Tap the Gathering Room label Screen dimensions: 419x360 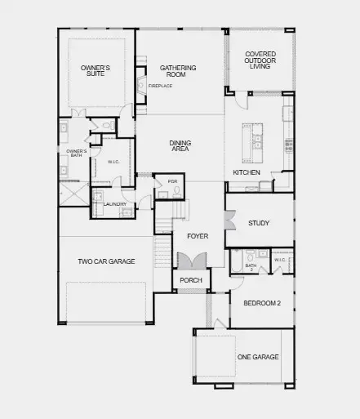[x=173, y=70]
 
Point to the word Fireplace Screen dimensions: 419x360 [x=159, y=85]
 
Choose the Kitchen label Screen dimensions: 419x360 [x=247, y=173]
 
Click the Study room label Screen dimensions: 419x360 [x=259, y=222]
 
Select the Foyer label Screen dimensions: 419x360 [x=198, y=236]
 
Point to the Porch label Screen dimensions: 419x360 [x=191, y=280]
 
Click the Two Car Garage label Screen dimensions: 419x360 [x=106, y=261]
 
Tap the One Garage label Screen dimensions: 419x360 [x=257, y=357]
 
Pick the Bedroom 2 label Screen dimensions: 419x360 [x=262, y=302]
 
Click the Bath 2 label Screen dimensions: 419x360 [x=251, y=266]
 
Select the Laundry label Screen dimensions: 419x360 [x=115, y=204]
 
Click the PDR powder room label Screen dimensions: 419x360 [x=172, y=181]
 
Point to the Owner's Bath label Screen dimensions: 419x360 [x=76, y=153]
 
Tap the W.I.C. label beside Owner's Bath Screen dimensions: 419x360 [x=113, y=162]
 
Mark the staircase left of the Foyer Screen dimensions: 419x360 [x=166, y=219]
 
